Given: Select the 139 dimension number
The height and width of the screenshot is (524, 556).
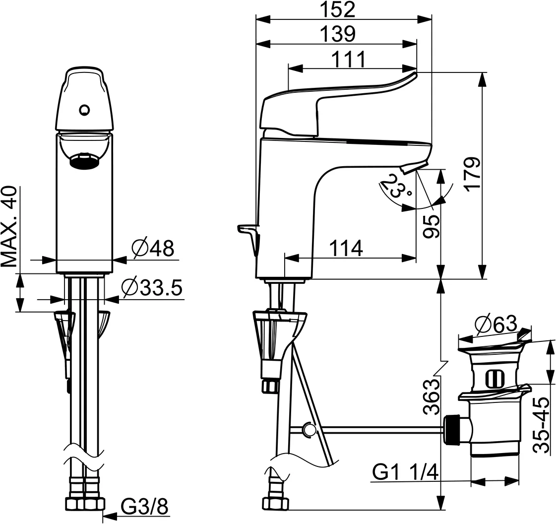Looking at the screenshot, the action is click(x=337, y=34).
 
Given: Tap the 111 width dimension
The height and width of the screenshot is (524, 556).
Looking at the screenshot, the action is click(x=349, y=60).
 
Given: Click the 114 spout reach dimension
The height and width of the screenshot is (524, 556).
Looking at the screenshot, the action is click(x=346, y=248).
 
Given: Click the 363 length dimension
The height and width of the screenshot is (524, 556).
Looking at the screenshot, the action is click(x=431, y=396).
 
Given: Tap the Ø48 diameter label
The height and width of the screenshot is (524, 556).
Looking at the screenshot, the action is click(x=153, y=248).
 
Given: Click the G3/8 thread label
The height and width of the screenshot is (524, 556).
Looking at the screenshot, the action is click(x=144, y=507).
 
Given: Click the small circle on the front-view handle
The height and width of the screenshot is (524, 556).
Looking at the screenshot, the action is click(x=84, y=110).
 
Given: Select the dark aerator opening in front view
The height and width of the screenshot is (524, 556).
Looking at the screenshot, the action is click(x=84, y=161).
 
